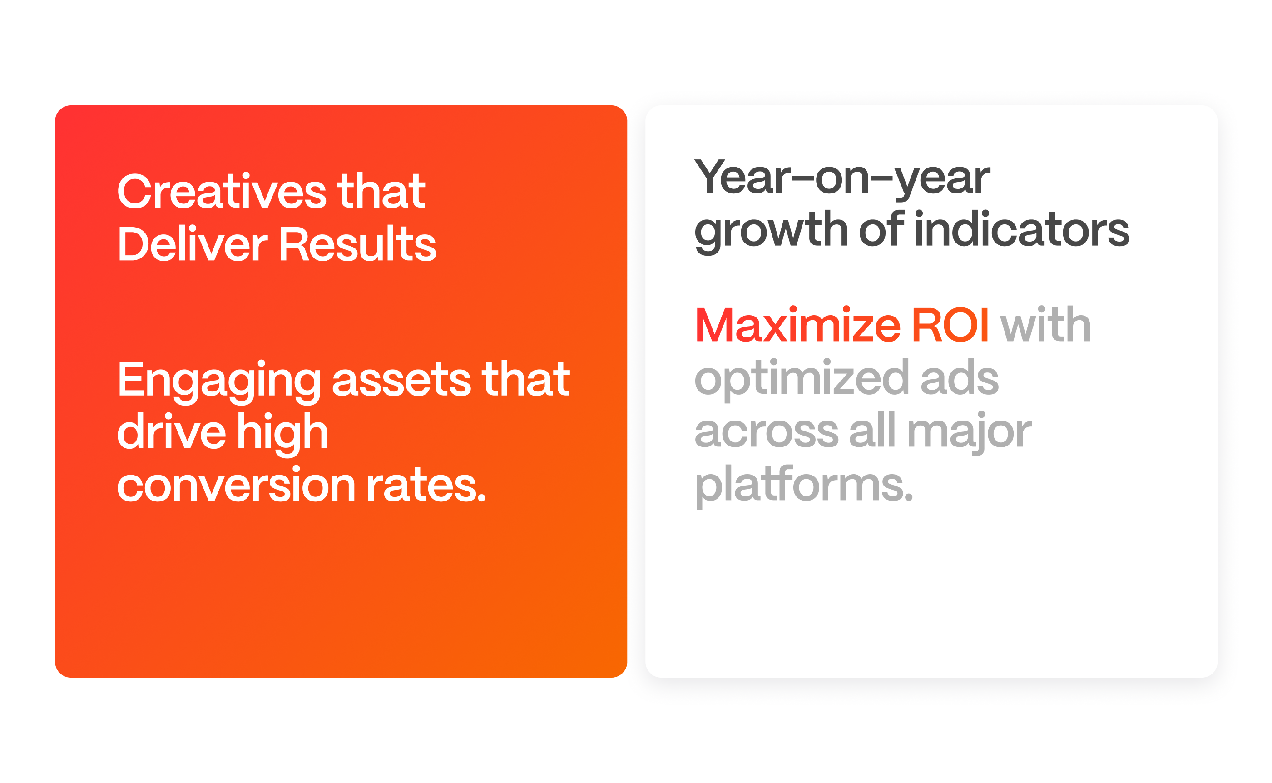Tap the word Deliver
click(x=193, y=243)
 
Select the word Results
click(x=358, y=243)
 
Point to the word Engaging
click(x=219, y=382)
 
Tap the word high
click(x=282, y=434)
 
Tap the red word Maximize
click(x=798, y=324)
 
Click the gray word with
click(x=1045, y=324)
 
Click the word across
click(x=766, y=432)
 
